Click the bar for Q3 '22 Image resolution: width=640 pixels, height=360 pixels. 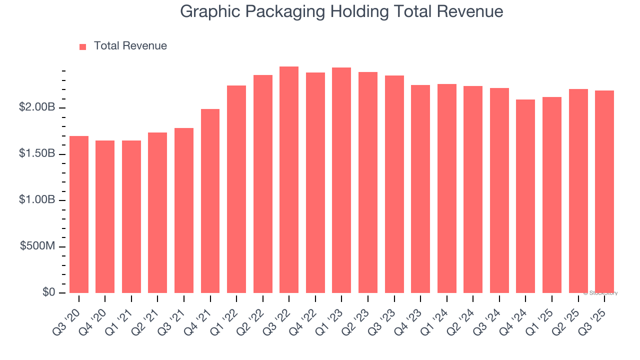click(x=289, y=180)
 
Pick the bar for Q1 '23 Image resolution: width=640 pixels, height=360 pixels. click(x=341, y=180)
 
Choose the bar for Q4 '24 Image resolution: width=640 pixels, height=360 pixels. click(x=525, y=196)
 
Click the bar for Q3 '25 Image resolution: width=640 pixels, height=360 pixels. click(x=604, y=192)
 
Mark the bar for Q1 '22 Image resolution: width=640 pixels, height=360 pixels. click(x=236, y=189)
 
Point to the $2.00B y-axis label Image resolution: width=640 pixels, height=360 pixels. click(x=37, y=107)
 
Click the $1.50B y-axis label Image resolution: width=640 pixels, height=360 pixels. click(x=37, y=153)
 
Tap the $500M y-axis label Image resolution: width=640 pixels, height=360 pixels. click(x=37, y=246)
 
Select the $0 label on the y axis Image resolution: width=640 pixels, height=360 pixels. click(x=48, y=292)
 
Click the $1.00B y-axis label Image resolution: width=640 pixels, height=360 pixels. click(x=37, y=200)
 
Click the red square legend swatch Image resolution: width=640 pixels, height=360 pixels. click(x=83, y=46)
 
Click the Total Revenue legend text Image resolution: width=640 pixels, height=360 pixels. click(x=130, y=46)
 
